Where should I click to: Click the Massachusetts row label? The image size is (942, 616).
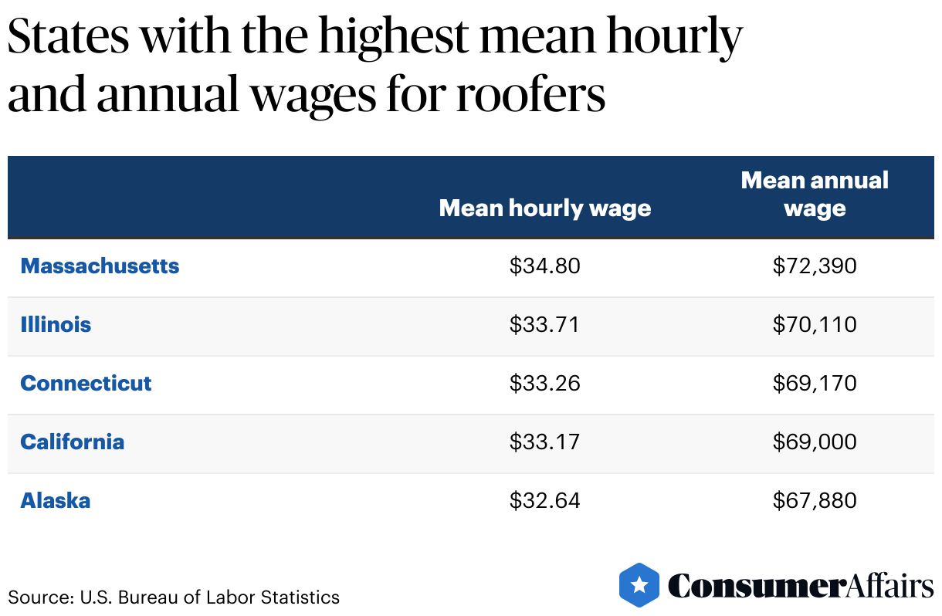point(100,266)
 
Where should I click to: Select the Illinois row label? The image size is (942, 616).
point(56,325)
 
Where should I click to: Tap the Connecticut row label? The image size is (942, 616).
point(86,384)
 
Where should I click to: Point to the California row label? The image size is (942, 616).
point(72,442)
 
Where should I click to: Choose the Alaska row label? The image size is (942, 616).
point(55,501)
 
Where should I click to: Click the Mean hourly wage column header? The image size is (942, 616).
point(544,208)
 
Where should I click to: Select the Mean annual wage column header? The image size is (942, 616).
point(815,195)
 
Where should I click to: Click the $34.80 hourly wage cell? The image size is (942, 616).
point(544,266)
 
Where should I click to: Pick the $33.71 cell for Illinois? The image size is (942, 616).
point(544,325)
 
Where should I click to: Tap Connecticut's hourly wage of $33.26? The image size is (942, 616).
point(544,384)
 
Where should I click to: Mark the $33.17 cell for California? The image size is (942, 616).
point(544,442)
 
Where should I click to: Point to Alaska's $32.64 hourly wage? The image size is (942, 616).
point(544,501)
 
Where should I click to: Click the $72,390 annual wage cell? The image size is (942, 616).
point(815,266)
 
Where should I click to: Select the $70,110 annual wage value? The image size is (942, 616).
point(815,325)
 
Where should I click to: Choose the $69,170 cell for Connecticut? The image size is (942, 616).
point(815,384)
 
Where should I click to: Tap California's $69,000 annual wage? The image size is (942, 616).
point(815,442)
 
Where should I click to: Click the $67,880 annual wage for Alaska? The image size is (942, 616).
point(815,501)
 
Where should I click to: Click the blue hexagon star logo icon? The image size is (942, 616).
point(639,584)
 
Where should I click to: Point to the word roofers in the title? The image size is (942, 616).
point(529,96)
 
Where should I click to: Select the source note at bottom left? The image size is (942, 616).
point(174,597)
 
